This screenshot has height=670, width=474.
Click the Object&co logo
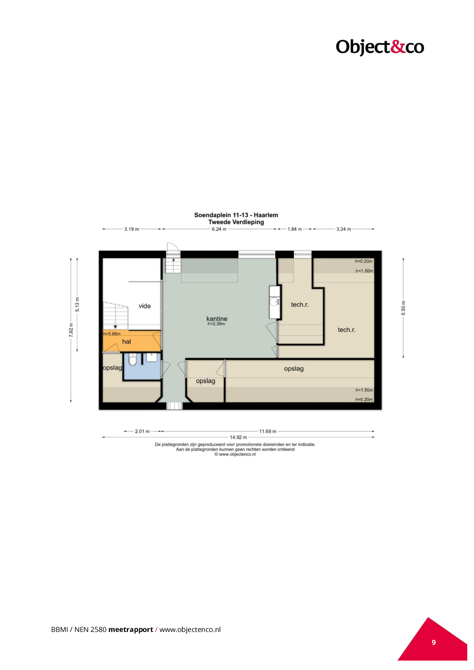379,47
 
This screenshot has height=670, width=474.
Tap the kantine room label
217,319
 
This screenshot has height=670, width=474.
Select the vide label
145,306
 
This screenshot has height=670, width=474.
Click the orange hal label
126,341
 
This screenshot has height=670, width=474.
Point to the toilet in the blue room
132,359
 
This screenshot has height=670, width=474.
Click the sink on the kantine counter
274,301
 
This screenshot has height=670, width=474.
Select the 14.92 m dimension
238,437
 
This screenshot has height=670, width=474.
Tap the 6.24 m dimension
219,229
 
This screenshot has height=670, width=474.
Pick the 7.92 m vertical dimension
71,330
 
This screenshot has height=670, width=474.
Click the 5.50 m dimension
403,308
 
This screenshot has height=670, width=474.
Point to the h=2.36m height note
216,324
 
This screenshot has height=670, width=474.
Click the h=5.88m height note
112,334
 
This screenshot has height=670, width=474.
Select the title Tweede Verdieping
236,222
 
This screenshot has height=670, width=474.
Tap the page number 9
434,642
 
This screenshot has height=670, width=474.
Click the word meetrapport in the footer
130,629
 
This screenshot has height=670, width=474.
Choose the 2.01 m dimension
142,431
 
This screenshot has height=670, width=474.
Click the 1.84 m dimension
295,229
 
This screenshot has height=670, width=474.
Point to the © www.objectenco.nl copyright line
235,454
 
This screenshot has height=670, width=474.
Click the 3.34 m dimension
344,229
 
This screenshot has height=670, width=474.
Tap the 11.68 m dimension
268,431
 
